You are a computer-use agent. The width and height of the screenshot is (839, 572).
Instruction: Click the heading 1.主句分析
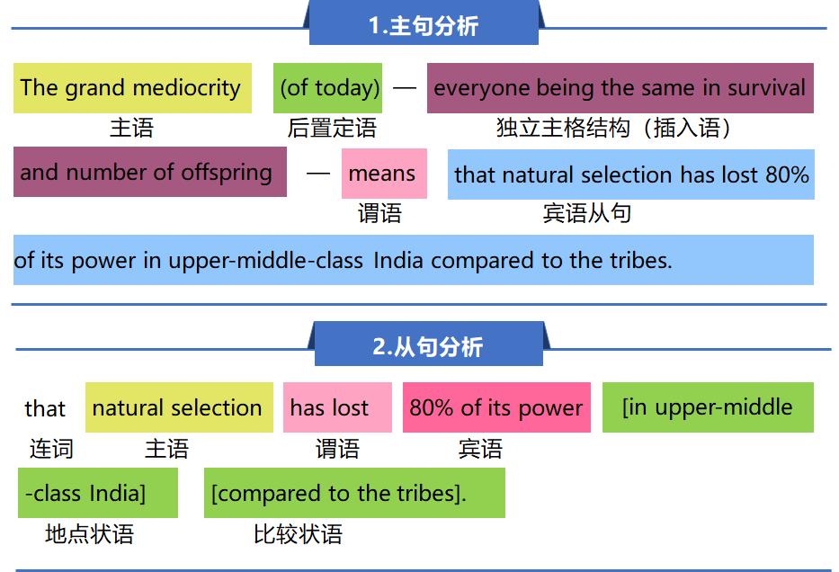click(x=424, y=26)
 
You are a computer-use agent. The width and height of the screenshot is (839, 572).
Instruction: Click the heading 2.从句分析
click(x=428, y=347)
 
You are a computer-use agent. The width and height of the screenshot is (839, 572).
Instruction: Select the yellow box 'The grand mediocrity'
click(x=132, y=88)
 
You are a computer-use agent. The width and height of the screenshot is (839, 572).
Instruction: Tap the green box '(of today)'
click(x=327, y=88)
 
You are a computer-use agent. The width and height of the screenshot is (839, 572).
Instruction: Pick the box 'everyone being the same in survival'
click(x=620, y=88)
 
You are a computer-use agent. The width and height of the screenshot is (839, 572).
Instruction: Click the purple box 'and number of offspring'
click(x=150, y=172)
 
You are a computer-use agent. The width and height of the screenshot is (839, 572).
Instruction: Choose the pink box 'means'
click(x=384, y=174)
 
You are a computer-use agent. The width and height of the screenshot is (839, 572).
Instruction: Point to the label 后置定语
click(x=332, y=129)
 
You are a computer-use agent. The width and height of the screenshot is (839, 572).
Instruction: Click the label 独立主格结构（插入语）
click(x=614, y=129)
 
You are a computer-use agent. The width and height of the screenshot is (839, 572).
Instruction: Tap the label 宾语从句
click(x=587, y=213)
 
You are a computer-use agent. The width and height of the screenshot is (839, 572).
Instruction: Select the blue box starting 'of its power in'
click(x=414, y=260)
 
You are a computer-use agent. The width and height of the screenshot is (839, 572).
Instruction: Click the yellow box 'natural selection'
click(x=179, y=407)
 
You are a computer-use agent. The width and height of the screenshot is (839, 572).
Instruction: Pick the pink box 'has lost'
click(x=337, y=407)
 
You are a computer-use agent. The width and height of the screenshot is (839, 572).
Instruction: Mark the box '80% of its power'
click(x=496, y=407)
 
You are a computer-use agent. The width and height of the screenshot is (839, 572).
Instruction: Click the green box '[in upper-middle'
click(x=708, y=407)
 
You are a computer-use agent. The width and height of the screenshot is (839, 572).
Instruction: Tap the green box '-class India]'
click(x=98, y=493)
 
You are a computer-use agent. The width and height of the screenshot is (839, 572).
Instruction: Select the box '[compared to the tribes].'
click(x=355, y=493)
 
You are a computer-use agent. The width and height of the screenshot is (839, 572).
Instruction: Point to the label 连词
click(x=51, y=449)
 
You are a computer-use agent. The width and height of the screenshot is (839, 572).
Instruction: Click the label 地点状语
click(x=89, y=534)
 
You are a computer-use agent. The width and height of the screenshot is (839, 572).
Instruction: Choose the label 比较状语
click(x=298, y=534)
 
